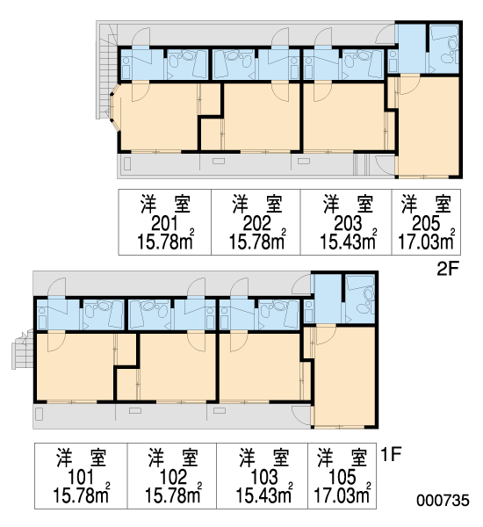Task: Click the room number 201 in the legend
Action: tap(164, 223)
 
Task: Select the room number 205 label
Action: tap(426, 223)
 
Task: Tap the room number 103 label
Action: tap(264, 477)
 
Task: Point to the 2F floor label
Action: tap(447, 269)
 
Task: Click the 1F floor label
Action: tap(392, 454)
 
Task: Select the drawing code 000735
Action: tap(443, 501)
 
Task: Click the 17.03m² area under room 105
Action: tap(342, 495)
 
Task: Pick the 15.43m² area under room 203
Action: tap(349, 241)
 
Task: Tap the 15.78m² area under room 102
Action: tap(173, 495)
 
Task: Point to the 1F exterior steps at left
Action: tap(23, 350)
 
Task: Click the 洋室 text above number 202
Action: tap(257, 204)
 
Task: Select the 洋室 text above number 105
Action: tap(342, 458)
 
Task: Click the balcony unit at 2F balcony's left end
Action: tap(127, 164)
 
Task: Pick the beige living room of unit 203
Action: tap(343, 116)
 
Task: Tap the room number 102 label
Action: tap(173, 477)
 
